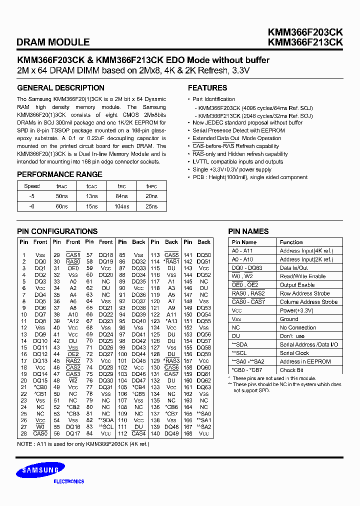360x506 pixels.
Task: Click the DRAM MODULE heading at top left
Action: pyautogui.click(x=53, y=42)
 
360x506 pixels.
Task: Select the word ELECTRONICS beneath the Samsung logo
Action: pyautogui.click(x=68, y=481)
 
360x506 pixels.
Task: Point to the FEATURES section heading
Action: pyautogui.click(x=207, y=88)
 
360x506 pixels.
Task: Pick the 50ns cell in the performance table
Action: pyautogui.click(x=61, y=196)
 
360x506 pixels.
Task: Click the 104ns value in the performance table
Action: pyautogui.click(x=122, y=206)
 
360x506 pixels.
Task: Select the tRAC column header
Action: pyautogui.click(x=61, y=186)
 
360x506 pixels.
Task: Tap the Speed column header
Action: pyautogui.click(x=32, y=186)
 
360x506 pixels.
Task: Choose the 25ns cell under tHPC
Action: pyautogui.click(x=151, y=206)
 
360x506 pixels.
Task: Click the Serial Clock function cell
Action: pyautogui.click(x=294, y=353)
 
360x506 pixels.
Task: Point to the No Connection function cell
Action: pyautogui.click(x=297, y=327)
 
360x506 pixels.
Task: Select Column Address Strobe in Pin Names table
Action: pyautogui.click(x=308, y=302)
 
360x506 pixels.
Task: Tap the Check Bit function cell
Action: pyautogui.click(x=291, y=370)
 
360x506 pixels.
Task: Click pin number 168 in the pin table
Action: pyautogui.click(x=187, y=433)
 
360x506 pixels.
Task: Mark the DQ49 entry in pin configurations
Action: pyautogui.click(x=171, y=433)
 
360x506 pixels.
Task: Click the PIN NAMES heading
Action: pyautogui.click(x=248, y=231)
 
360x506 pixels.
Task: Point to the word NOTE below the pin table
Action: pyautogui.click(x=24, y=444)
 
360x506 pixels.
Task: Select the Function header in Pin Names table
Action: pyautogui.click(x=291, y=242)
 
